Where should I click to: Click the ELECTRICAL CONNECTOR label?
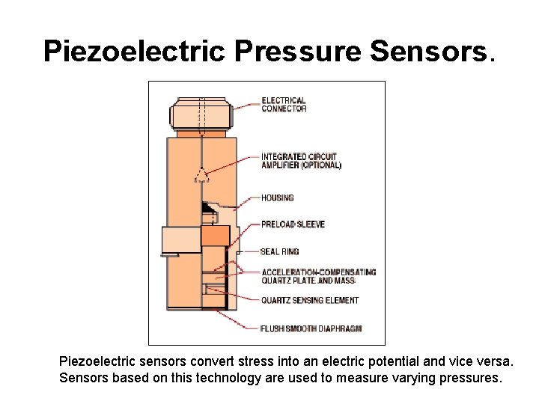pyautogui.click(x=284, y=105)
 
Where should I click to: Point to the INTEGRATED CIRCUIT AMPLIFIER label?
pyautogui.click(x=301, y=162)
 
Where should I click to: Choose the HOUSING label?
pyautogui.click(x=277, y=198)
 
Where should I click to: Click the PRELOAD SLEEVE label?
pyautogui.click(x=293, y=224)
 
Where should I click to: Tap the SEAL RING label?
pyautogui.click(x=279, y=252)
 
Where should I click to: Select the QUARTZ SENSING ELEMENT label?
pyautogui.click(x=310, y=301)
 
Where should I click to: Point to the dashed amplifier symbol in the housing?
pyautogui.click(x=201, y=177)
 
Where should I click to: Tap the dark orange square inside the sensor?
pyautogui.click(x=215, y=236)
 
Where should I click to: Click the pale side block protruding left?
pyautogui.click(x=180, y=240)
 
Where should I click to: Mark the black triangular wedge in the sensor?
pyautogui.click(x=207, y=207)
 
